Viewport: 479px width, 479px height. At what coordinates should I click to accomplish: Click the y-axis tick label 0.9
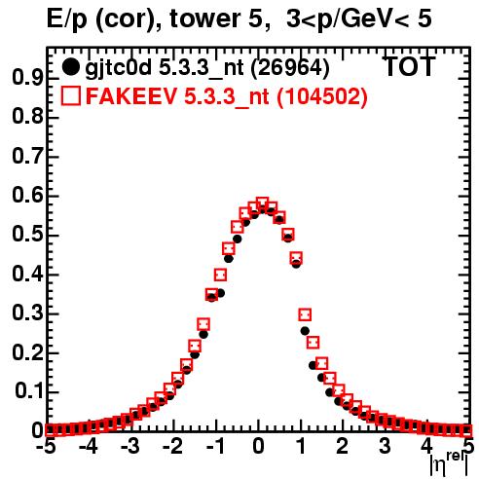(x=27, y=78)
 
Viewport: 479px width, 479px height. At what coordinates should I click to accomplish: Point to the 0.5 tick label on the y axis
(x=27, y=235)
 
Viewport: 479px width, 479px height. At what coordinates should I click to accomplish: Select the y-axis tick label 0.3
(x=27, y=313)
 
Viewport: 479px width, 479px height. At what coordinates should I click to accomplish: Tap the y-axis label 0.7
(x=27, y=156)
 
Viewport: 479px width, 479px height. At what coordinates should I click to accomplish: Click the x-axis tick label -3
(x=130, y=447)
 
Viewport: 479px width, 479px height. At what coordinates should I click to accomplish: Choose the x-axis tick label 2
(x=343, y=447)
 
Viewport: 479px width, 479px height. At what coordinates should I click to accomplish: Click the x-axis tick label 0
(x=258, y=447)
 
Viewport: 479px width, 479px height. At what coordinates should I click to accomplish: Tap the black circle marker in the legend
(x=70, y=67)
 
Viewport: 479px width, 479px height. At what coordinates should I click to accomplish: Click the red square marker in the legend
(x=70, y=96)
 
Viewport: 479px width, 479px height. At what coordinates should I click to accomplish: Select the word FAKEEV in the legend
(x=132, y=96)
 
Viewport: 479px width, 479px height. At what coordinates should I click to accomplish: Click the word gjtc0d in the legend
(x=118, y=68)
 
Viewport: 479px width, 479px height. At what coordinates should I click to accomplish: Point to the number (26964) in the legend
(x=290, y=68)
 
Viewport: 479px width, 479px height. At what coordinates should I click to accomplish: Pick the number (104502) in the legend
(x=322, y=96)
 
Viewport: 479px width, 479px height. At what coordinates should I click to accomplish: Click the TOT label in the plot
(x=409, y=67)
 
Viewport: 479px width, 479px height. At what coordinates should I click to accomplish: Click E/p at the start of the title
(x=67, y=20)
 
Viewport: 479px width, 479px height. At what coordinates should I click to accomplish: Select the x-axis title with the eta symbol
(x=449, y=465)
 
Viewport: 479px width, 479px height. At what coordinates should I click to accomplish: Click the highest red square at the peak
(x=263, y=203)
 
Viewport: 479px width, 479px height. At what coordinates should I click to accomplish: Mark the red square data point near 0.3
(x=305, y=314)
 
